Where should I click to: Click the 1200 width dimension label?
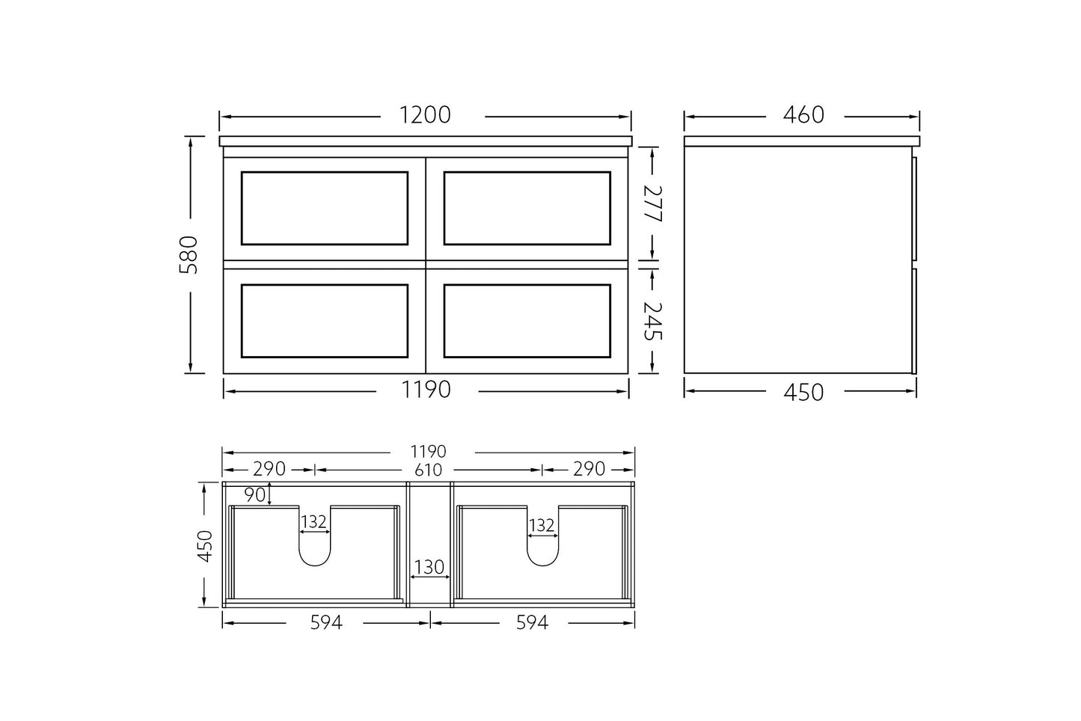[425, 115]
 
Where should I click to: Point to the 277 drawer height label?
[652, 203]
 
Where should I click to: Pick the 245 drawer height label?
[652, 321]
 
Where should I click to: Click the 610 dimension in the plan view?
[428, 470]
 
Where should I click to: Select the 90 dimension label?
[255, 494]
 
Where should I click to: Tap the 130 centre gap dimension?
[429, 567]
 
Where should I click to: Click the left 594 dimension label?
[325, 622]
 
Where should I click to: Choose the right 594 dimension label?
[532, 622]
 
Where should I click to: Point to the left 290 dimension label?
[269, 469]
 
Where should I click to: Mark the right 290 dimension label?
[589, 469]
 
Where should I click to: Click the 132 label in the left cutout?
[314, 521]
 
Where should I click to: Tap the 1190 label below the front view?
[426, 390]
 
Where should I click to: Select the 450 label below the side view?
[803, 392]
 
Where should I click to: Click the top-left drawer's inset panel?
[325, 208]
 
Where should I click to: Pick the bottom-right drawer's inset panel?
[527, 321]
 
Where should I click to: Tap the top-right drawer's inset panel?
[527, 208]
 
